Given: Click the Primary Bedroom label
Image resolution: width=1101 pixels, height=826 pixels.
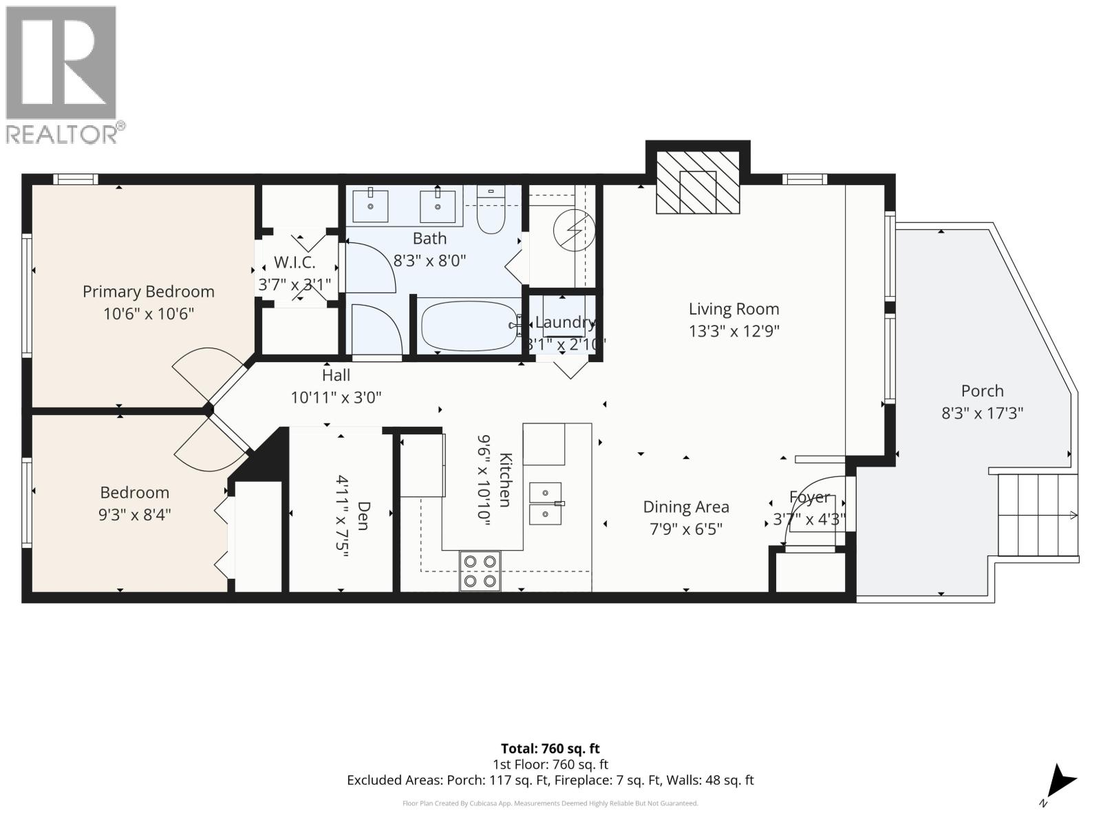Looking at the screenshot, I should point(148,291).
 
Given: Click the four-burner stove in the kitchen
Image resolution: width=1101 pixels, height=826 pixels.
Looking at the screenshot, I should point(480,571).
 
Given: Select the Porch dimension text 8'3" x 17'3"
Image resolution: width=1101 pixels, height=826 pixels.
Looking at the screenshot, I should point(982,413).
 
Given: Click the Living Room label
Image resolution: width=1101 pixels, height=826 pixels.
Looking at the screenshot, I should point(734,309).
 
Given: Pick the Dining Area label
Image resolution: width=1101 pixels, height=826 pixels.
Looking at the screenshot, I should point(685,507).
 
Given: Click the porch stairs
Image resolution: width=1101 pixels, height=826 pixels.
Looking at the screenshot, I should point(1037,514).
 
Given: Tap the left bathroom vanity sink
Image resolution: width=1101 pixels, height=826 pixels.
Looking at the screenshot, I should point(370,204).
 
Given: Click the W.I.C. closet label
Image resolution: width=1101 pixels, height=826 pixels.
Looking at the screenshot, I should point(295,262).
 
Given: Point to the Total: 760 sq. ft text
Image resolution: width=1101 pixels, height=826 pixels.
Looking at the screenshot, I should point(550,748).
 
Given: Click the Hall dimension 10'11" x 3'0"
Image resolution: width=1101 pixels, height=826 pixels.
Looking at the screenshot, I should point(335,397).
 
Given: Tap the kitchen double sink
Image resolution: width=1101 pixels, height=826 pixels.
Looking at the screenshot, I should point(546,503).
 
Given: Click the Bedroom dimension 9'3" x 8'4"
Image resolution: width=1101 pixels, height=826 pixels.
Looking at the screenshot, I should point(134,514).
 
